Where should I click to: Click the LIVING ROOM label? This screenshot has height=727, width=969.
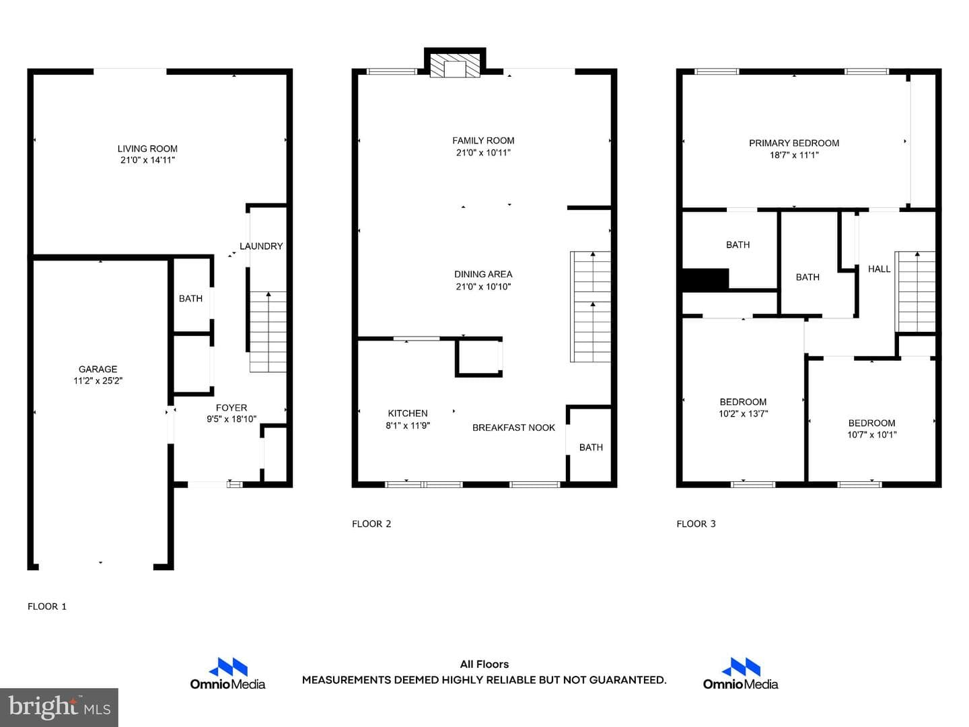(147, 149)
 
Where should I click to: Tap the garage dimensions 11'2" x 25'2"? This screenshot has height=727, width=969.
(98, 380)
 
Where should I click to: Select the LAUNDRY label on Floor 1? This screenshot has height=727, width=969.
(261, 246)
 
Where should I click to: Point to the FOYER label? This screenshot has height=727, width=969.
(231, 408)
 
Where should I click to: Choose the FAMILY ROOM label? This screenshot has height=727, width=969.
(483, 141)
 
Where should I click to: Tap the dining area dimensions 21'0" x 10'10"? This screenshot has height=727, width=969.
(483, 287)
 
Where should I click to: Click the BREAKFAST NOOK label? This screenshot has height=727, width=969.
(513, 427)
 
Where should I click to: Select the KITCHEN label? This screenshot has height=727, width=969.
(408, 413)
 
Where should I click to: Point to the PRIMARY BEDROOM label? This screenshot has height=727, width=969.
(794, 143)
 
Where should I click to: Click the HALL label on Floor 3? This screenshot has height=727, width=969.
(879, 269)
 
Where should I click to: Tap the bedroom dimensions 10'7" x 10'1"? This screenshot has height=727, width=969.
(872, 435)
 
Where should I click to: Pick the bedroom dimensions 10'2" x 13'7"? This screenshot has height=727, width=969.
(744, 413)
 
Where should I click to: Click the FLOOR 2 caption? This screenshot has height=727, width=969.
(371, 524)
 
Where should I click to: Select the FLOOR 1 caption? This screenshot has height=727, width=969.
(47, 607)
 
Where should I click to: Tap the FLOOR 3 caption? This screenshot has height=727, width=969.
(696, 524)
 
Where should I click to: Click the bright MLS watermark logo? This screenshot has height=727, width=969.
(59, 707)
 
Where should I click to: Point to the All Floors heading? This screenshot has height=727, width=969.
(485, 664)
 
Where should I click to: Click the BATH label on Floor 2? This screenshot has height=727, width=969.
(591, 448)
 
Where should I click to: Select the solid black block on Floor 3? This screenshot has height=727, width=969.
(705, 280)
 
